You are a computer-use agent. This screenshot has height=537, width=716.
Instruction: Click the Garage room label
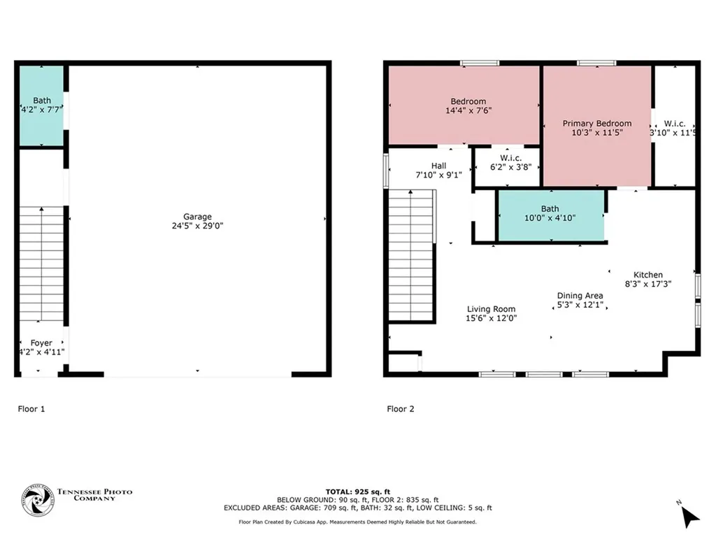coord(198,217)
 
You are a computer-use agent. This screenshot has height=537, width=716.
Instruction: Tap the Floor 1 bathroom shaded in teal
coord(41,106)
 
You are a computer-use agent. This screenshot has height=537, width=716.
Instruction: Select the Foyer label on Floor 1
coord(42,343)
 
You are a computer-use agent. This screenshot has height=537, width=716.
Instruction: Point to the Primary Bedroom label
coord(597,124)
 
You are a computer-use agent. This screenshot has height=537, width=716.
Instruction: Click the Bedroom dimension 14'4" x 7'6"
coord(468,110)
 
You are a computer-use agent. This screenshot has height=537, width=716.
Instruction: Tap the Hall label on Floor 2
coord(438,166)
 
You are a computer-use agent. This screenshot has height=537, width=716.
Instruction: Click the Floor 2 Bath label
coord(550,208)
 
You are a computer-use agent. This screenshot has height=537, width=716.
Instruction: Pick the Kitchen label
coord(647,275)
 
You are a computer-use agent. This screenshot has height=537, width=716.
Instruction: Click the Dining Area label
coord(580,296)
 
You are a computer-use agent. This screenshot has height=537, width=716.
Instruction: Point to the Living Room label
coord(491,309)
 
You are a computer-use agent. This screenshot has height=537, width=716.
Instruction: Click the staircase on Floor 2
coord(412,256)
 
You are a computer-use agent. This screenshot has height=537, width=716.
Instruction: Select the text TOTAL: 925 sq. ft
coord(357,492)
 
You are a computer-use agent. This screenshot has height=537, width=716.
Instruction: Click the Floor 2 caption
coord(401,409)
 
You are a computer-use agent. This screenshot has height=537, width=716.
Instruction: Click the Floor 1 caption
coord(31,409)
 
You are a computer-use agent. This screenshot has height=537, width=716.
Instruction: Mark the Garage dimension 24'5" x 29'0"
coord(198,226)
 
